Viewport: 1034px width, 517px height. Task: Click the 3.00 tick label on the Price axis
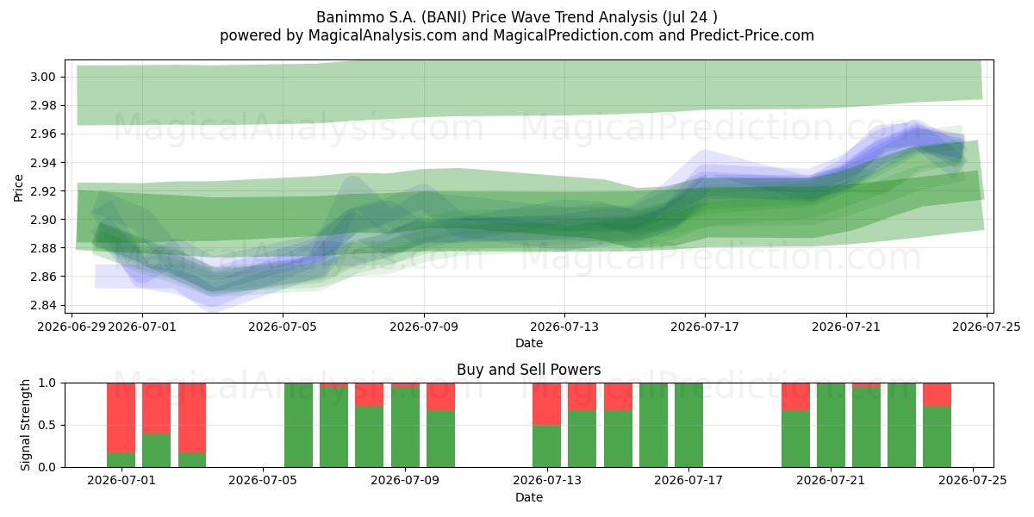click(43, 77)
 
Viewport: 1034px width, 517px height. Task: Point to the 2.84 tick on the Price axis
click(43, 306)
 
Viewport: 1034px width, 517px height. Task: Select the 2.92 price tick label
click(43, 191)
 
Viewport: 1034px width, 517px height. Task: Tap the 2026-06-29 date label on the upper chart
click(72, 327)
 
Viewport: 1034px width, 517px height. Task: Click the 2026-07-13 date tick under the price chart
click(564, 327)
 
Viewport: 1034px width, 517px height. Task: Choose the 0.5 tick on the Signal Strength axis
click(47, 425)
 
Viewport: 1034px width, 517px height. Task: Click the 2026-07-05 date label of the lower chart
click(263, 481)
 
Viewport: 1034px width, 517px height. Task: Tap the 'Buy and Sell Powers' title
click(529, 370)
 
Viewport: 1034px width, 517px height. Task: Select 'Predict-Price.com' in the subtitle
click(752, 35)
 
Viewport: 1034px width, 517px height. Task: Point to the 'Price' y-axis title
click(18, 189)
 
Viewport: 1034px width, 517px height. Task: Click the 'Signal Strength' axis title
click(25, 425)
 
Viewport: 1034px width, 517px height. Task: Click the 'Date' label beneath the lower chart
click(529, 498)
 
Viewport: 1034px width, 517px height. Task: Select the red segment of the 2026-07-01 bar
click(121, 418)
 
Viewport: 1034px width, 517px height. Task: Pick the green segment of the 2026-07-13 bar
click(546, 446)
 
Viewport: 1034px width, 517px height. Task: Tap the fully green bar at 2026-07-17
click(688, 425)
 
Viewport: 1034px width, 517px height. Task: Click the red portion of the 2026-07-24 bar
click(937, 395)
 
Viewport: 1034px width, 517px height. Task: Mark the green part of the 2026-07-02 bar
click(157, 450)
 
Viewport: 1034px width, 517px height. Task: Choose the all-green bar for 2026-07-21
click(831, 425)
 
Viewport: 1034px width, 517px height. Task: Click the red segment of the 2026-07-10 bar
click(441, 396)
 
